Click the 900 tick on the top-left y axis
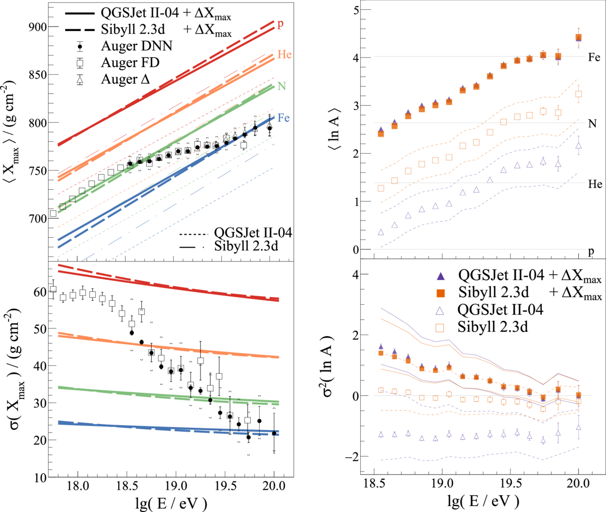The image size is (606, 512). pyautogui.click(x=36, y=27)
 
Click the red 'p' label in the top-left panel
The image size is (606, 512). pyautogui.click(x=280, y=24)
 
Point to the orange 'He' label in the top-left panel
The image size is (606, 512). pyautogui.click(x=284, y=55)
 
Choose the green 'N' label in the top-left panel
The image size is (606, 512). pyautogui.click(x=281, y=86)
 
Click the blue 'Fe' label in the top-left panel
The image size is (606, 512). pyautogui.click(x=283, y=118)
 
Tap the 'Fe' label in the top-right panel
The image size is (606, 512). pyautogui.click(x=594, y=58)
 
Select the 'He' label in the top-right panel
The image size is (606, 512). pyautogui.click(x=595, y=184)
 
